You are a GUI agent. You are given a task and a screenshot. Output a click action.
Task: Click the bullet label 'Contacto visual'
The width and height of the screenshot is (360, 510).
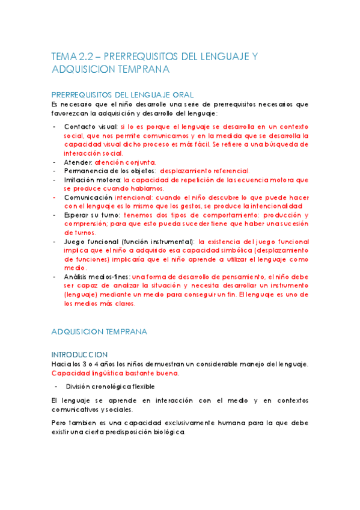click(90, 127)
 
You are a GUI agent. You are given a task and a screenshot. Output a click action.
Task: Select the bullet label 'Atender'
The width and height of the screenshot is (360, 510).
click(78, 162)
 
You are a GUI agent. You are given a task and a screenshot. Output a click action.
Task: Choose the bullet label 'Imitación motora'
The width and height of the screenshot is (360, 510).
click(92, 180)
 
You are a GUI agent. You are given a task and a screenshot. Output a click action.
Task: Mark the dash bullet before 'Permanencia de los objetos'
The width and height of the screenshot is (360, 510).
click(55, 171)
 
